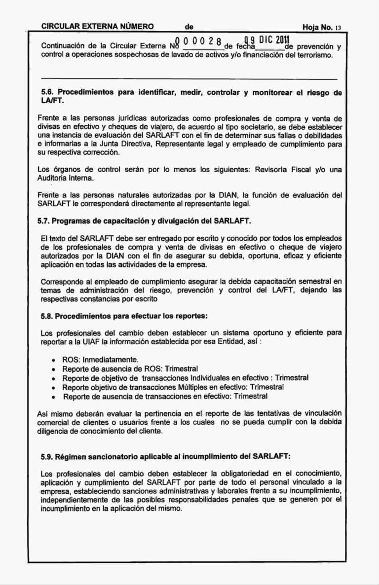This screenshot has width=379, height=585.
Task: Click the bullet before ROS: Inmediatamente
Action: pos(53,360)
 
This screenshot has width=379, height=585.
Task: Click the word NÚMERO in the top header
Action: pos(134,26)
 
